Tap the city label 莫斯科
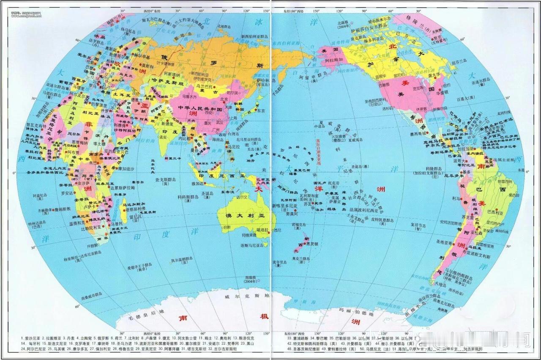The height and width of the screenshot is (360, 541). [148, 66]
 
